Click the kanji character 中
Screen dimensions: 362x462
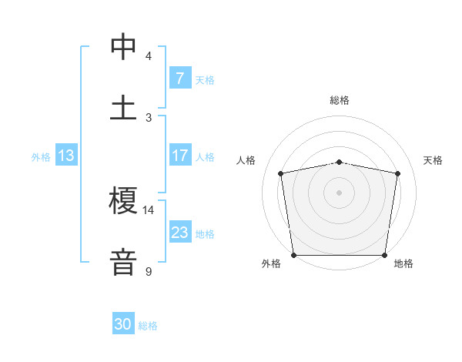coord(124,46)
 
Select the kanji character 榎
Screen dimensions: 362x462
coord(124,202)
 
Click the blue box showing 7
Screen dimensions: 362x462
coord(179,79)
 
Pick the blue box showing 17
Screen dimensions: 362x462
coord(179,156)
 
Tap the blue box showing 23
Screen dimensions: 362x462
coord(179,233)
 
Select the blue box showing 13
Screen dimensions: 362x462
coord(66,156)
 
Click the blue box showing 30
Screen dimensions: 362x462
coord(123,324)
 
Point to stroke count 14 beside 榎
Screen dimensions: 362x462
coord(148,209)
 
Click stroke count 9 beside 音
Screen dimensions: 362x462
coord(148,271)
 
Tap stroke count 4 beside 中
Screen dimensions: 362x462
coord(148,56)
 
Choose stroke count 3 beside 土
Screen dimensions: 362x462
coord(148,117)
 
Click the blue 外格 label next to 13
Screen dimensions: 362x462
coord(41,156)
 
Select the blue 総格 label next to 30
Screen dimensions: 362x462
coord(148,326)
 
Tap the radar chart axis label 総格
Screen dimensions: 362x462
coord(340,100)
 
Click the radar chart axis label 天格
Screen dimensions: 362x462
coord(434,160)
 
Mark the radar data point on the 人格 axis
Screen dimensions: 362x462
coord(281,173)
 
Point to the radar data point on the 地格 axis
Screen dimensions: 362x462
coord(385,255)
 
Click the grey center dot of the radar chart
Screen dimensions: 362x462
coord(340,192)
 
